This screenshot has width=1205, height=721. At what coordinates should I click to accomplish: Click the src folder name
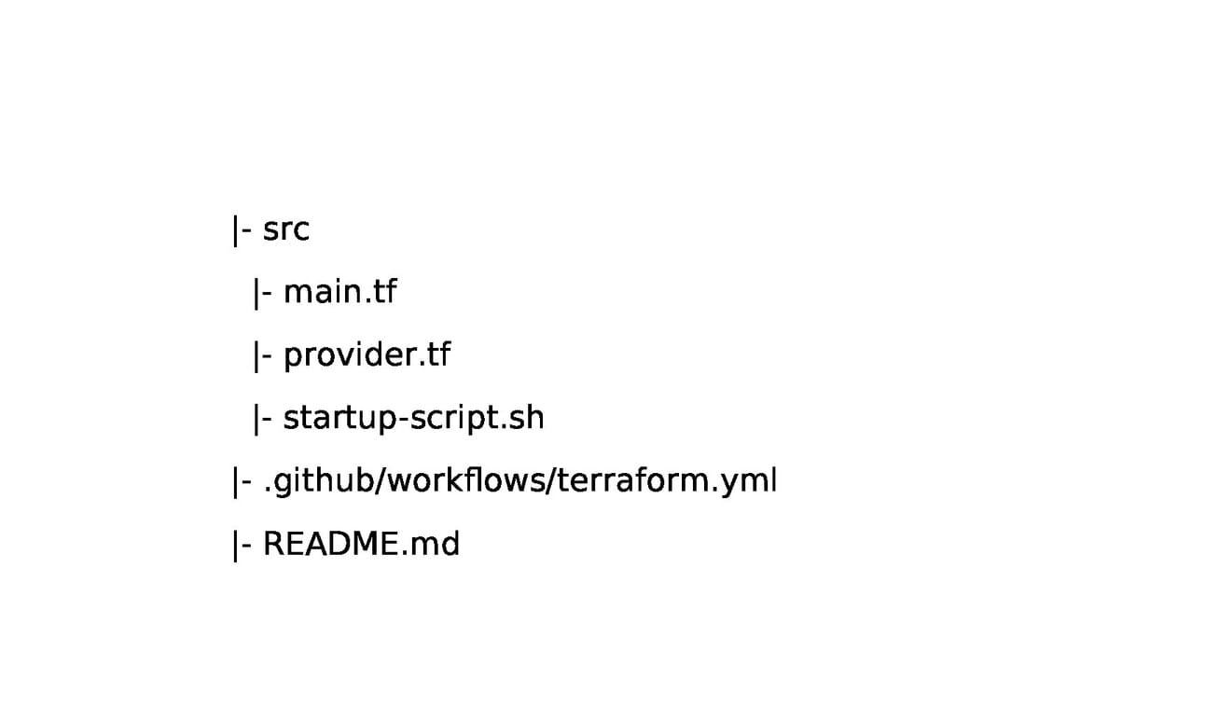pos(285,229)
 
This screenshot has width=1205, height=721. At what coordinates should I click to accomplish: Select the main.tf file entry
pos(339,292)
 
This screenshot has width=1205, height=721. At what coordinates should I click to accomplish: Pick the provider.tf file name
pos(367,355)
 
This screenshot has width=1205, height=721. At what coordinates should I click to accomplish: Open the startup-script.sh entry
pos(413,418)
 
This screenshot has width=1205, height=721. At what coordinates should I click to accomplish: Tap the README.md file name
pos(361,544)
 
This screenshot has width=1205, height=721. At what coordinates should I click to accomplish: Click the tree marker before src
pos(241,229)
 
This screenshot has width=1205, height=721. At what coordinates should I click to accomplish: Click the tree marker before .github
pos(241,481)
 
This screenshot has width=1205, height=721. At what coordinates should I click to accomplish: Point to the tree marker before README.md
pos(241,544)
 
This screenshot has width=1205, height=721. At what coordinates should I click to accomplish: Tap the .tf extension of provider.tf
pos(433,355)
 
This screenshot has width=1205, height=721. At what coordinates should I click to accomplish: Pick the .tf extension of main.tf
pos(380,292)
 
